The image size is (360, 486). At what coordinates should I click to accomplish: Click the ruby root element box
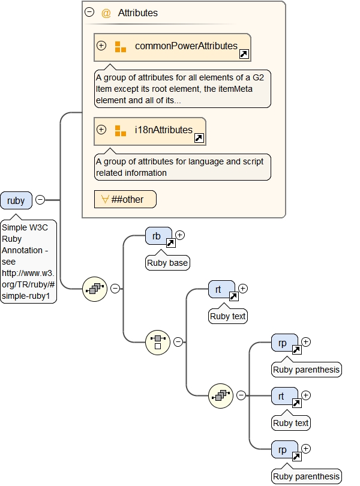click(16, 200)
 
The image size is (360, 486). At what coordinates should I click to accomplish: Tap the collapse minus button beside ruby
click(40, 200)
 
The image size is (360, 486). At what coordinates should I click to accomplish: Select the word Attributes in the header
click(138, 13)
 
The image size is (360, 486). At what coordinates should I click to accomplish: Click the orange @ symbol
click(106, 13)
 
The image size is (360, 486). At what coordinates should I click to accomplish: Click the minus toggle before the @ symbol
click(89, 12)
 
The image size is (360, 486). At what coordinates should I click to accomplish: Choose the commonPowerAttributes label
click(186, 46)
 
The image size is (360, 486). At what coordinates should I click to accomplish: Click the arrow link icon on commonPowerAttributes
click(244, 55)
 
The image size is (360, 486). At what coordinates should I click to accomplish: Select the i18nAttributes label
click(163, 130)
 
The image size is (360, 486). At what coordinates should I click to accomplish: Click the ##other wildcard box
click(125, 199)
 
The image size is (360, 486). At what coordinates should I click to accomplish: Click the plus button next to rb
click(179, 235)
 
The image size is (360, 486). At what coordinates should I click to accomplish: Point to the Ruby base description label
click(168, 262)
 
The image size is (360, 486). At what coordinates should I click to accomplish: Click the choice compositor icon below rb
click(158, 342)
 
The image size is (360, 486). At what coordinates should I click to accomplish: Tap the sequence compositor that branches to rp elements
click(221, 395)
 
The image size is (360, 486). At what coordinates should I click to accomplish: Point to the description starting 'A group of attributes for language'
click(182, 167)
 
